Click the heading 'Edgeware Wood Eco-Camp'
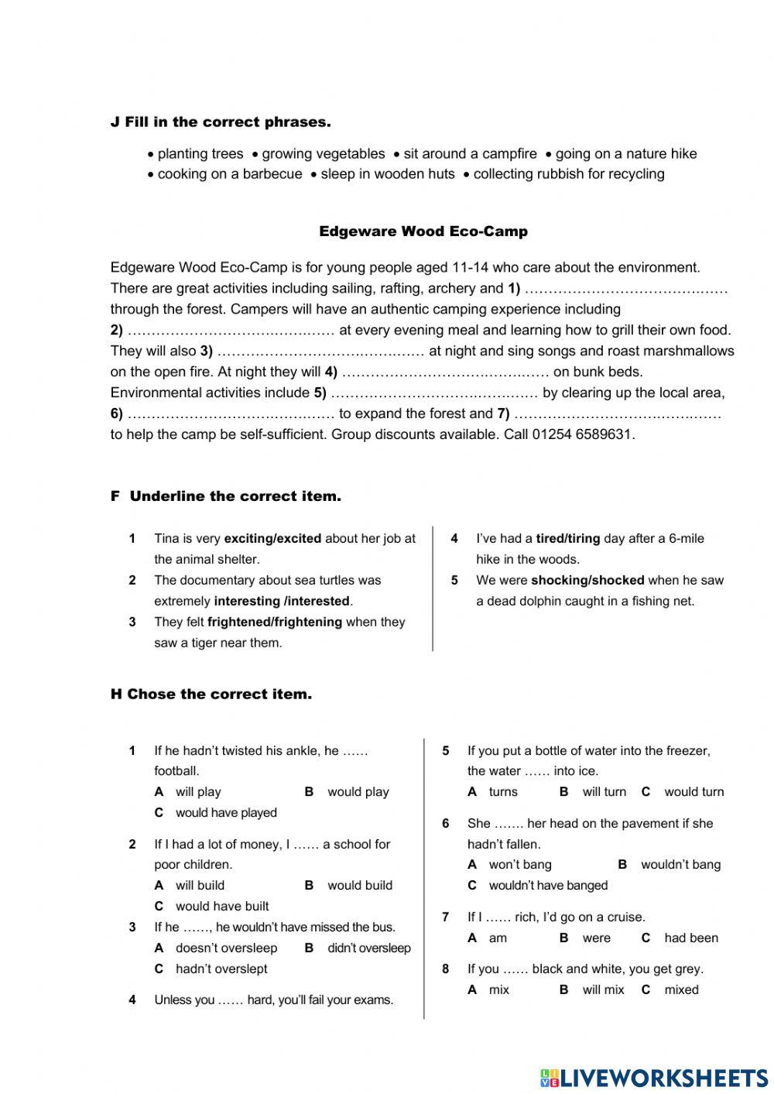click(x=423, y=231)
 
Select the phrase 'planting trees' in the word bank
click(x=200, y=154)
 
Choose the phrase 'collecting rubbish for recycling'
click(x=568, y=174)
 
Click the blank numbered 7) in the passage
click(x=618, y=413)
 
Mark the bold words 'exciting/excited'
click(x=272, y=538)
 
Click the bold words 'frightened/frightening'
click(x=275, y=622)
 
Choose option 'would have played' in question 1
click(x=225, y=813)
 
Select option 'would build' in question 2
click(x=359, y=885)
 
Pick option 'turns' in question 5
click(x=503, y=792)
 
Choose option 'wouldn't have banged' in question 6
click(x=548, y=885)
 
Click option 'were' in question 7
click(x=596, y=938)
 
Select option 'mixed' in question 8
click(x=681, y=989)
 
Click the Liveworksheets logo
click(x=653, y=1078)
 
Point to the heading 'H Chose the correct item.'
click(x=211, y=694)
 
